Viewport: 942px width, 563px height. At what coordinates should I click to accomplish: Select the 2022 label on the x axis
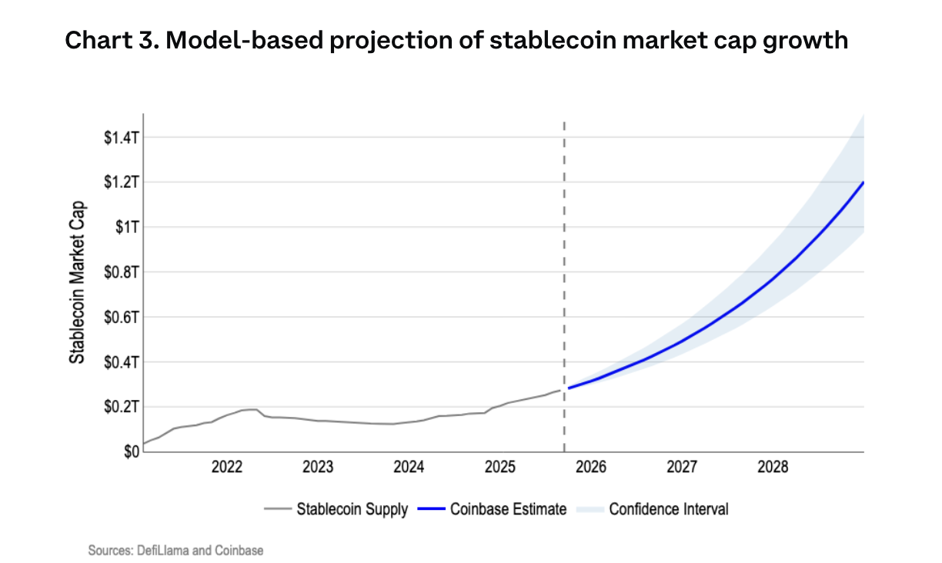(227, 468)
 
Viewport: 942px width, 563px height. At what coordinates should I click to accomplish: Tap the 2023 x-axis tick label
(318, 468)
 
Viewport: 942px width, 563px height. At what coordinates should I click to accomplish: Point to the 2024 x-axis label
(409, 468)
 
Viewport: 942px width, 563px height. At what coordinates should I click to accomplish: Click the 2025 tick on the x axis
(499, 468)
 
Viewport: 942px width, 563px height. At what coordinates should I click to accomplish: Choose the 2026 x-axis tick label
(591, 468)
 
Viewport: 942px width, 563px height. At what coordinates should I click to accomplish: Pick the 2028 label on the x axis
(773, 468)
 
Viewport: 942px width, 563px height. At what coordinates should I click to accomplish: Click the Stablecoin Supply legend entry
(352, 509)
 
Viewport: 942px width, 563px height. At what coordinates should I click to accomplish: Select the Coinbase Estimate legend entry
(508, 509)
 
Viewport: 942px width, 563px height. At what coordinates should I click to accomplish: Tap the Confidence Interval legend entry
(668, 509)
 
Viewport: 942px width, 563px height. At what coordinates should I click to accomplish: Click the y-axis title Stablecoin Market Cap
(77, 283)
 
